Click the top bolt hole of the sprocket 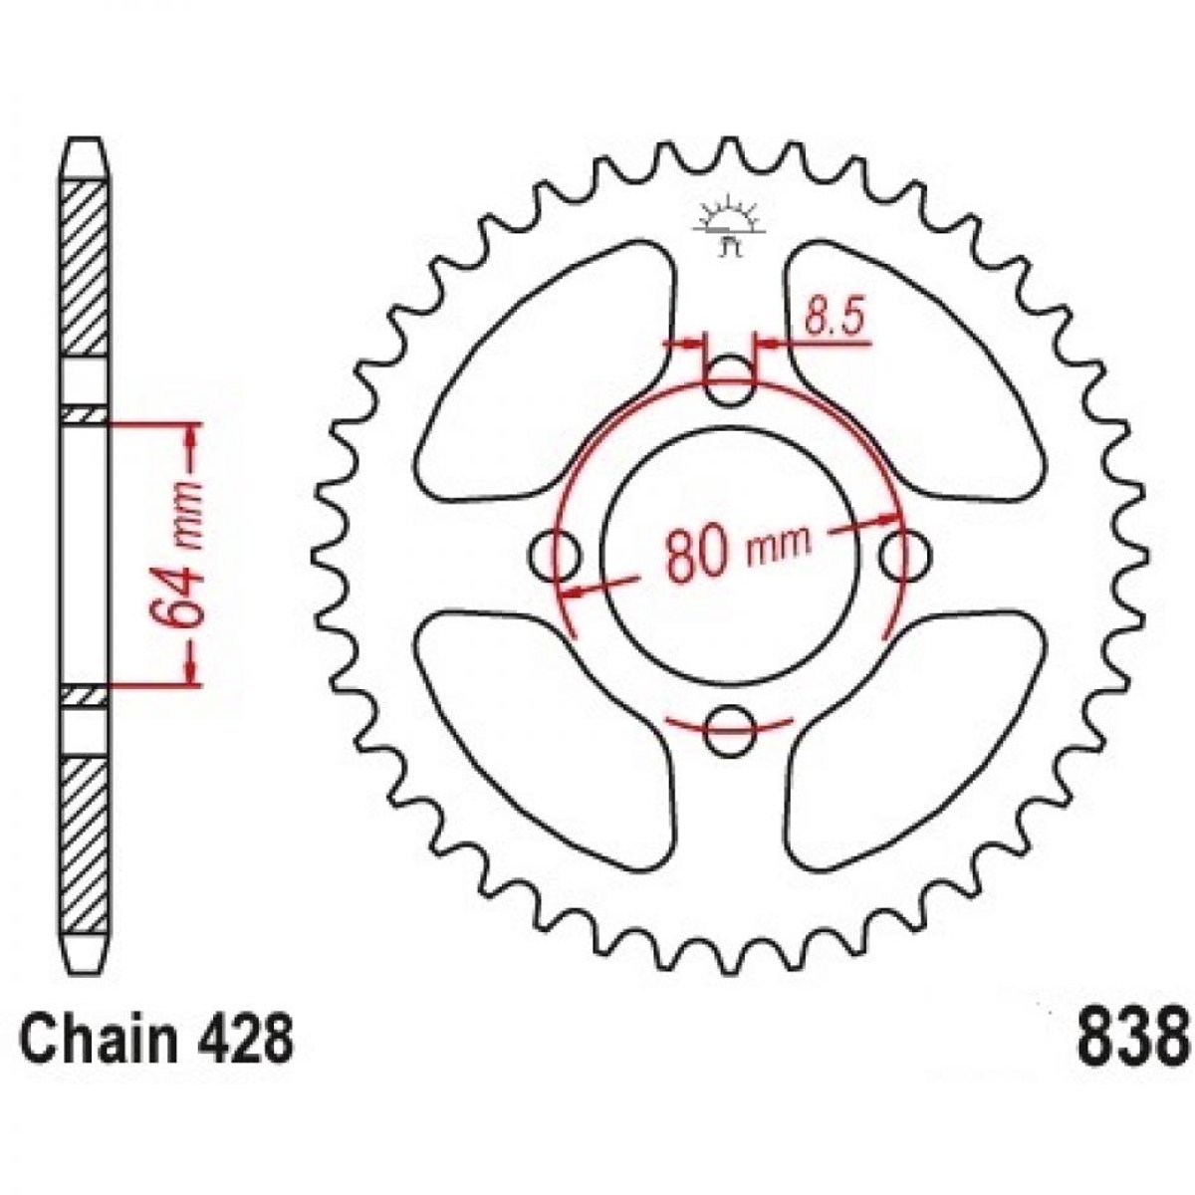tap(731, 379)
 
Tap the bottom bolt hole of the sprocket tap(731, 731)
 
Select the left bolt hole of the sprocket tap(555, 555)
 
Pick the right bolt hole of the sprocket tap(906, 555)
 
